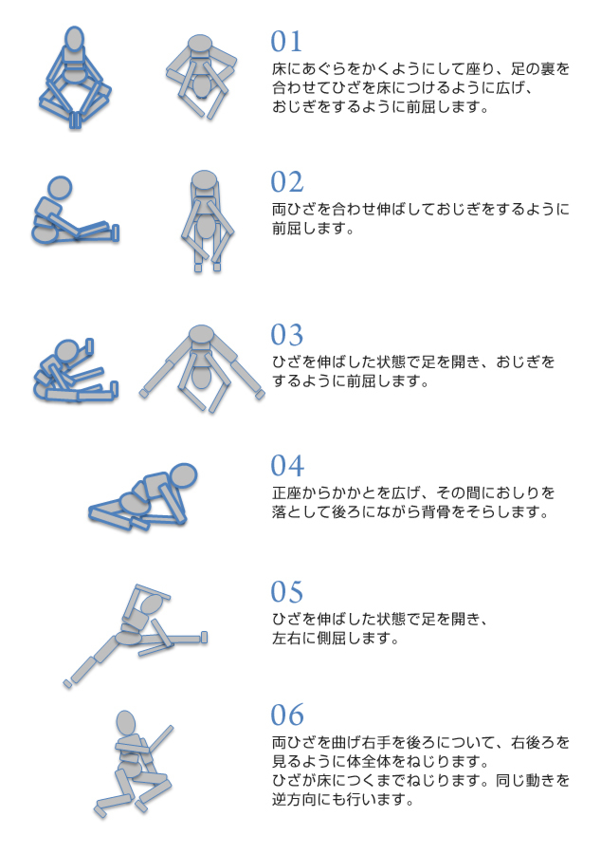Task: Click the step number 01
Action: click(x=286, y=42)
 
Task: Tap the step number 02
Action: click(x=287, y=182)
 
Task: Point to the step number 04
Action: click(x=287, y=466)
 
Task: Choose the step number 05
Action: click(x=287, y=592)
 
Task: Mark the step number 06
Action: click(x=287, y=715)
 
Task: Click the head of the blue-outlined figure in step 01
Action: click(x=75, y=40)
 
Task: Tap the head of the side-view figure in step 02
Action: click(x=60, y=189)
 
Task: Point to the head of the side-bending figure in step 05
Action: click(x=151, y=605)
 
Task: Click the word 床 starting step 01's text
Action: click(x=279, y=69)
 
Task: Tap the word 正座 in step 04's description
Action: click(x=286, y=492)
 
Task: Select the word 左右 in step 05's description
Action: click(x=286, y=638)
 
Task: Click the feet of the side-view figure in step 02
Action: click(x=116, y=232)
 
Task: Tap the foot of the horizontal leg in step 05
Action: click(x=204, y=637)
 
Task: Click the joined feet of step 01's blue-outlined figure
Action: click(x=75, y=120)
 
